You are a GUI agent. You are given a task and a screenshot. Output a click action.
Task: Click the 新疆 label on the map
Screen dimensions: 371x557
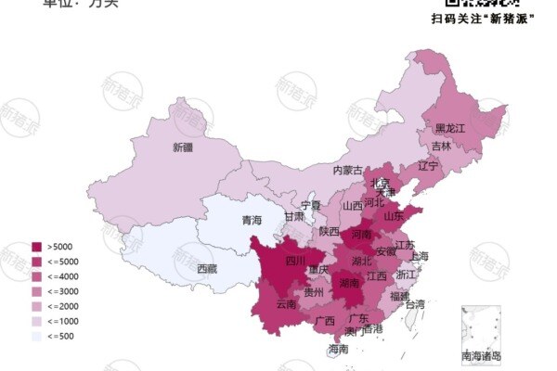[x=182, y=147]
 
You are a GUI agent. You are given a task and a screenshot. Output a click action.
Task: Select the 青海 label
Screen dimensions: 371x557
[x=252, y=221]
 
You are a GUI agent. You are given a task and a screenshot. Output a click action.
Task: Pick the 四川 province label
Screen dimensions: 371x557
[x=294, y=261]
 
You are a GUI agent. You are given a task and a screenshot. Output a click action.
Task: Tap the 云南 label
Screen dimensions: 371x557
[x=286, y=304]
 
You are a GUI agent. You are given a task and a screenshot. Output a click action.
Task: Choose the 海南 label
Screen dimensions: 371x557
[x=338, y=350]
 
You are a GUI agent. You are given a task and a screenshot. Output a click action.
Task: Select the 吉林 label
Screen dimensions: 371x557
[x=441, y=147]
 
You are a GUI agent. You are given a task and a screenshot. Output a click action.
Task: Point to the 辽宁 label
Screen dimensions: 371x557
[x=427, y=167]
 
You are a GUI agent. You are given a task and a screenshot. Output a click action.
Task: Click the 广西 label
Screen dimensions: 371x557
[x=324, y=321]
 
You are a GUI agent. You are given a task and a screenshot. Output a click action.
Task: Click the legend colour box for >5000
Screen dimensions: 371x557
[x=37, y=247]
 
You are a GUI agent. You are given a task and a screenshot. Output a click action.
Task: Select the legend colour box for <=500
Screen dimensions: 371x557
[x=37, y=336]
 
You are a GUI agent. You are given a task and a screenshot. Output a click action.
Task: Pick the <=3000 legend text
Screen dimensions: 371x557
[x=61, y=291]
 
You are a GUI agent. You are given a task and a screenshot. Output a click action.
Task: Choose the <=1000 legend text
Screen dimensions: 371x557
[x=61, y=321]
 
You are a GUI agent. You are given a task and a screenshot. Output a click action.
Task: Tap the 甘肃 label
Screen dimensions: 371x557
[x=294, y=216]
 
